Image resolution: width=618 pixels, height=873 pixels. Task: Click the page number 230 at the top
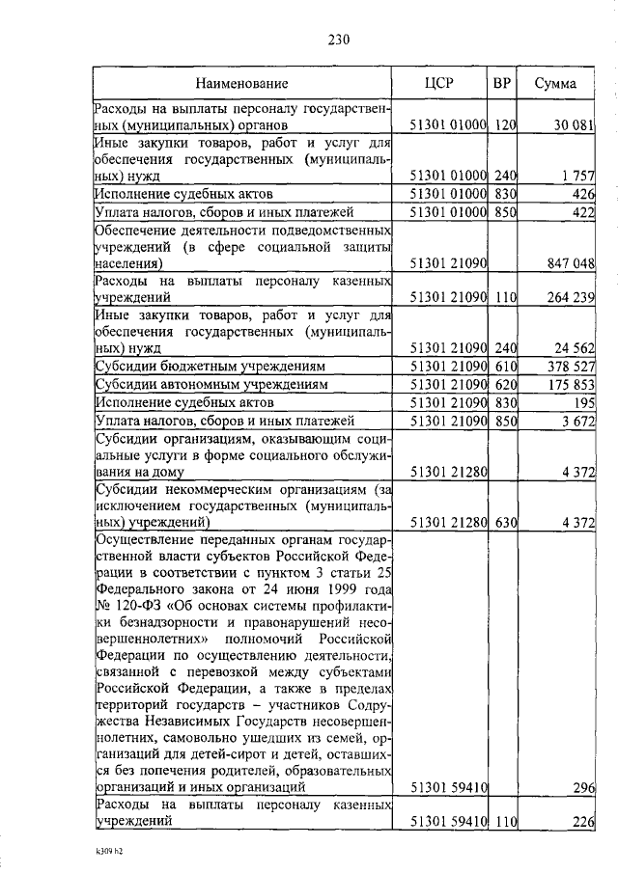(339, 40)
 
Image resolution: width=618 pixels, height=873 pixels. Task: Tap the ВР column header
(501, 83)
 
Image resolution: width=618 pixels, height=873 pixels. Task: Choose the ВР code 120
(505, 125)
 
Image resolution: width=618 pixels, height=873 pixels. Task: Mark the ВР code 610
(505, 367)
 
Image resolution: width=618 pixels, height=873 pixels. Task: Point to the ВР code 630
(505, 522)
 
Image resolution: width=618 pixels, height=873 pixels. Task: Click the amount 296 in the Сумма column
(582, 787)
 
